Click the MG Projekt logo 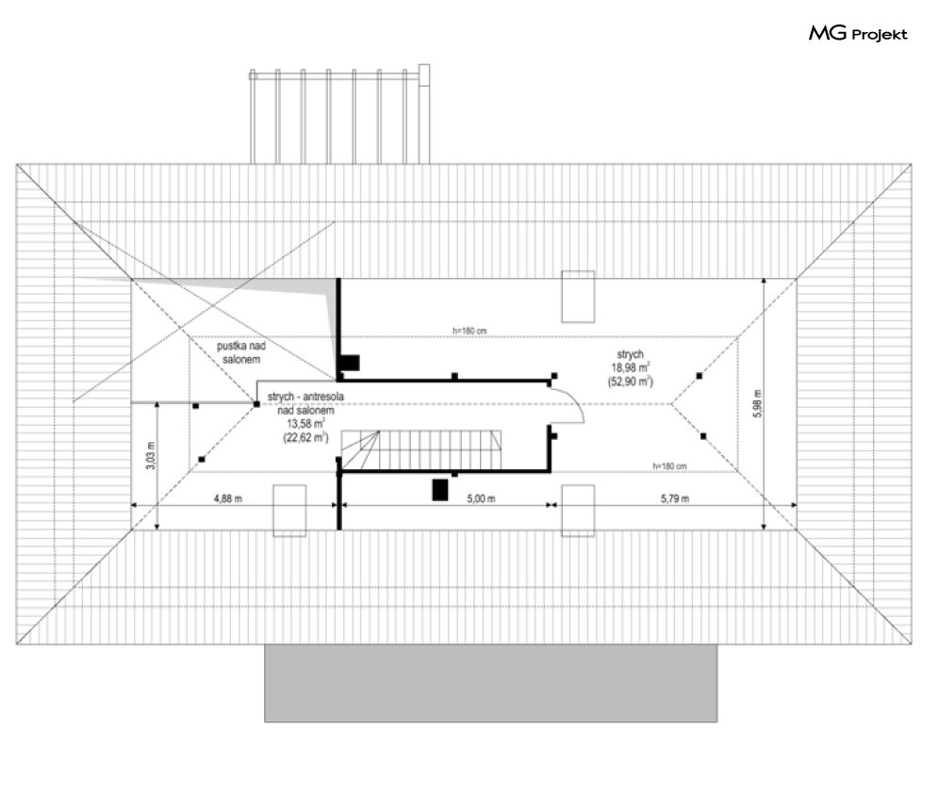click(x=858, y=33)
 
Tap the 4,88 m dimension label click(x=228, y=498)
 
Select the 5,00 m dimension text click(x=481, y=498)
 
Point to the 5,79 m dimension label click(x=675, y=498)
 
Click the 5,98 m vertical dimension click(x=758, y=403)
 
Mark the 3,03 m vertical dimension click(x=151, y=456)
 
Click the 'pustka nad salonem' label click(x=241, y=353)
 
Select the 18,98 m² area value click(x=631, y=367)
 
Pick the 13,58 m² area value click(x=306, y=423)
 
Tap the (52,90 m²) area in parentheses click(x=631, y=382)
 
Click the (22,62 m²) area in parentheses click(x=306, y=437)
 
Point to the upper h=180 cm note click(x=469, y=331)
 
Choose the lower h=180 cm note click(x=669, y=466)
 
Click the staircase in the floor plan click(x=421, y=450)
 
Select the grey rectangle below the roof click(x=490, y=683)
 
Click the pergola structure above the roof click(x=339, y=114)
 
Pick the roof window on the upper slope click(x=578, y=297)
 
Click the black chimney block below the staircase click(x=440, y=490)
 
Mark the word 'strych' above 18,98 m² click(x=630, y=354)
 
